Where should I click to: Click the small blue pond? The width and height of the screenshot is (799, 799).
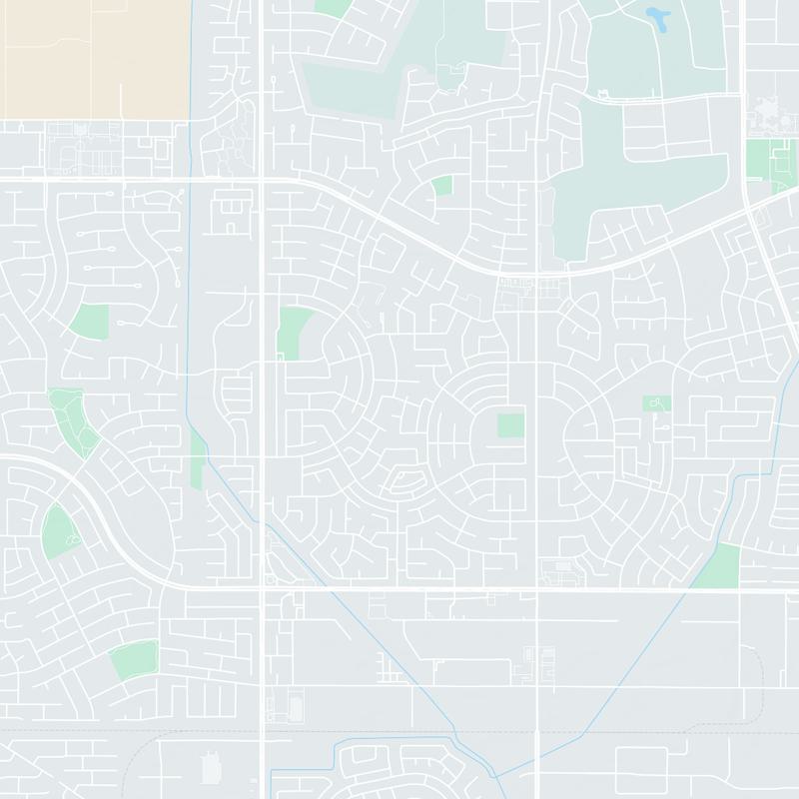click(658, 17)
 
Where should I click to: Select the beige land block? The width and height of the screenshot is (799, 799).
click(95, 55)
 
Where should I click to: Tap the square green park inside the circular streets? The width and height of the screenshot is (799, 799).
click(510, 425)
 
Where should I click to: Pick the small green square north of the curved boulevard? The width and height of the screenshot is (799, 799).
click(441, 186)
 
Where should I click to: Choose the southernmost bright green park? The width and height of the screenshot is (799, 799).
click(134, 659)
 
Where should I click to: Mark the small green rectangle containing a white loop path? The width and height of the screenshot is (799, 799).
click(656, 403)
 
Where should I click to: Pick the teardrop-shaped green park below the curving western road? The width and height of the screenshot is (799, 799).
click(58, 531)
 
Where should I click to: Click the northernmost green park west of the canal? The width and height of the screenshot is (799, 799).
click(89, 321)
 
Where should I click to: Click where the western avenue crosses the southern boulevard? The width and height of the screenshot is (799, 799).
click(262, 588)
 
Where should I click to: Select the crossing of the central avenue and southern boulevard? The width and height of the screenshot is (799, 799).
click(536, 589)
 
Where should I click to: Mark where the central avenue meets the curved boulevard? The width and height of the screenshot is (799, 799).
click(536, 272)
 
